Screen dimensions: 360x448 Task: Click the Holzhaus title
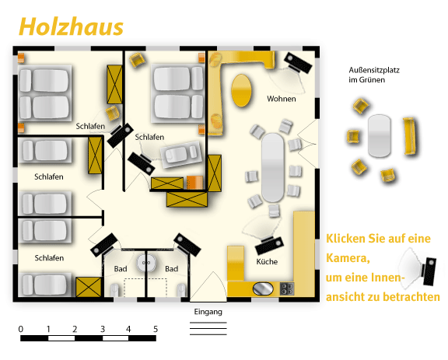tap(71, 26)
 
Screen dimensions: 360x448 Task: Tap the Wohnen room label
tap(281, 99)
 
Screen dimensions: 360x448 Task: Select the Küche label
tap(267, 262)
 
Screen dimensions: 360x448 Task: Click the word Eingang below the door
tap(208, 312)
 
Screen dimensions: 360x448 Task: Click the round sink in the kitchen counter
tap(265, 288)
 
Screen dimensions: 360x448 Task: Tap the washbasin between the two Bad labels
tap(145, 264)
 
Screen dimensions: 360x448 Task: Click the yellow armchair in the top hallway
tap(138, 60)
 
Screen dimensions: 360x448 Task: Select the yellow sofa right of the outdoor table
tap(410, 137)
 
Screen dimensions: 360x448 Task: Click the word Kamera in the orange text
tap(348, 257)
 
